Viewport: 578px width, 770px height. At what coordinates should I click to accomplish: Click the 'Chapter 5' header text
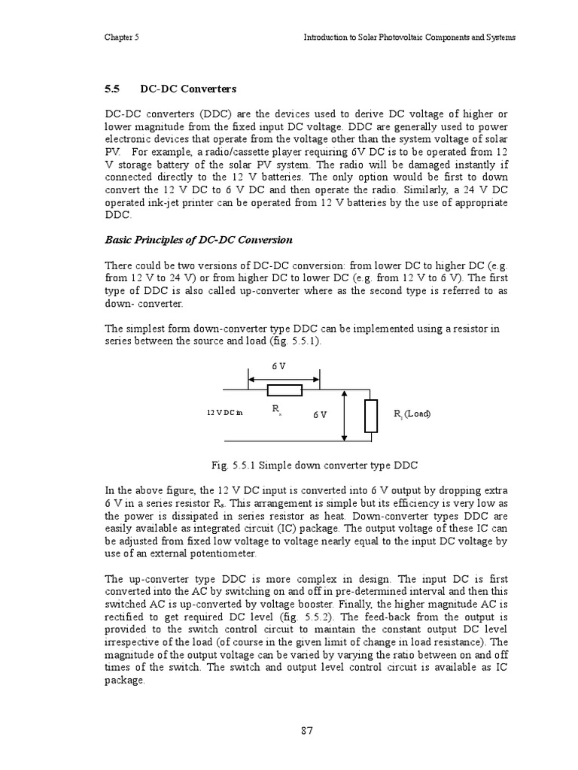point(120,37)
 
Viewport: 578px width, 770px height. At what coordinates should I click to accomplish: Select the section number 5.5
point(112,89)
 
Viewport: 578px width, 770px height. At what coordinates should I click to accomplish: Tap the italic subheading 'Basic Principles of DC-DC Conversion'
point(198,240)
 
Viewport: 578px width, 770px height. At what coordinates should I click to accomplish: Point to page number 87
point(306,730)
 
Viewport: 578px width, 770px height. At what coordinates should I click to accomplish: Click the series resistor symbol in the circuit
point(284,390)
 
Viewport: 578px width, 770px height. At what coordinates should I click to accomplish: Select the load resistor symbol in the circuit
point(370,416)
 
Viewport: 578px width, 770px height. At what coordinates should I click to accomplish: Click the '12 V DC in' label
point(225,413)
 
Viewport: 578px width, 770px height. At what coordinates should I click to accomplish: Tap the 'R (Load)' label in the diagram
point(412,414)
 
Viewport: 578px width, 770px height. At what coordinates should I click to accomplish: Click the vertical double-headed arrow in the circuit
point(344,416)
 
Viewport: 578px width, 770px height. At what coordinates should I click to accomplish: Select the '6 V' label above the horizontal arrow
point(278,366)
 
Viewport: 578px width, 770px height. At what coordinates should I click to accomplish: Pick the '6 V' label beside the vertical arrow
point(320,414)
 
